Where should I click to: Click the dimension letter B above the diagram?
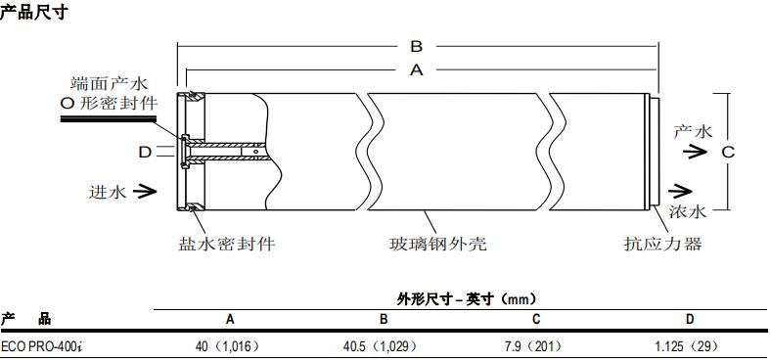(x=416, y=46)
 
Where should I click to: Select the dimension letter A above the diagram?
(x=416, y=70)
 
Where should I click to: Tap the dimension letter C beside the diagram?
(x=728, y=151)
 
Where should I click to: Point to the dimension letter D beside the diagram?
(x=144, y=152)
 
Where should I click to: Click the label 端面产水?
(x=109, y=83)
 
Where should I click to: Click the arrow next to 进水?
(x=144, y=192)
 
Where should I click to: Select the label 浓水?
(x=687, y=211)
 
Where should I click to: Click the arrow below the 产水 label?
(x=696, y=151)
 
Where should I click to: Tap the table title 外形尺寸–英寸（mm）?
(x=467, y=299)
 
